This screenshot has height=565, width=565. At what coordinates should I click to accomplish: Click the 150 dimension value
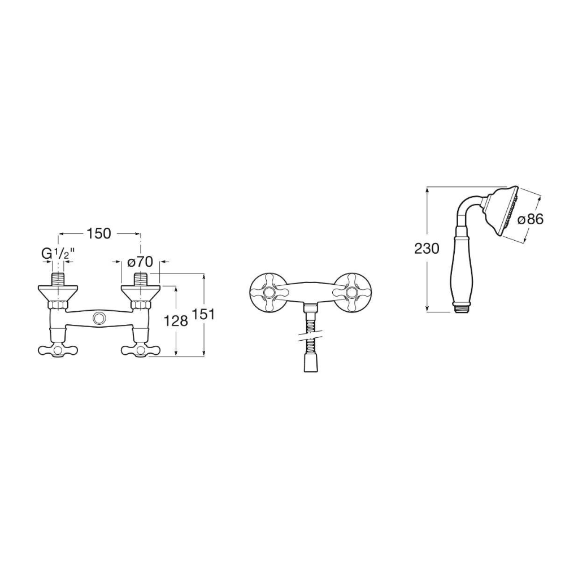pos(99,233)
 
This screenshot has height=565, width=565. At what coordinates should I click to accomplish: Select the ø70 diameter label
pos(140,262)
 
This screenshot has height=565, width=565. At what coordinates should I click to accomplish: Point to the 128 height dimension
pos(176,320)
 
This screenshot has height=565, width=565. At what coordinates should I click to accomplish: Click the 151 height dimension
pos(203,314)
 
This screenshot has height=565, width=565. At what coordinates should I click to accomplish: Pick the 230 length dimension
pos(427,248)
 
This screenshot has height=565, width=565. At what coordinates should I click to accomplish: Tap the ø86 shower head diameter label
pos(531,219)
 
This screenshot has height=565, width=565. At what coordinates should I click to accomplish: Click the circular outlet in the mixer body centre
pos(98,318)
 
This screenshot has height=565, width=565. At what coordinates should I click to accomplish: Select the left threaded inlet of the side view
pos(58,280)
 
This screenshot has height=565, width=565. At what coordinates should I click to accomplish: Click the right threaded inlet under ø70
pos(141,280)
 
